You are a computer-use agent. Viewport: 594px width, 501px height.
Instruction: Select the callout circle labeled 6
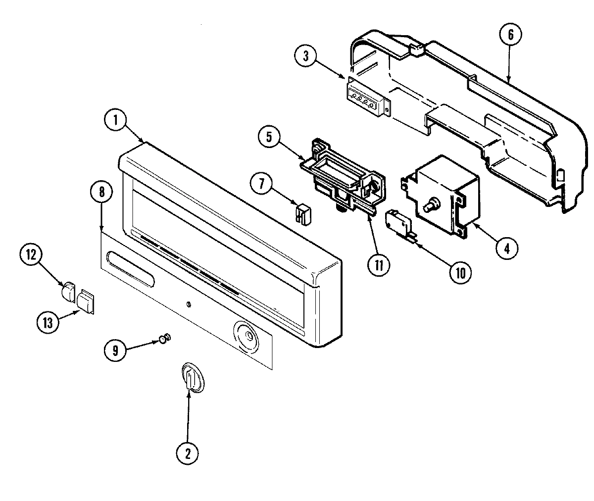[x=511, y=35]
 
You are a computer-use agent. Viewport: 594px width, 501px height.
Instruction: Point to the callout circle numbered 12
[x=31, y=255]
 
